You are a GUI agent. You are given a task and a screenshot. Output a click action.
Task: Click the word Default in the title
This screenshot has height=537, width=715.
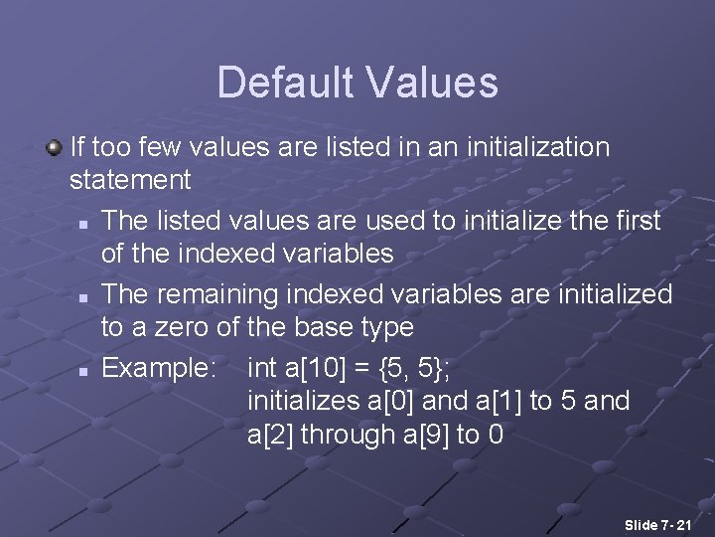pyautogui.click(x=281, y=83)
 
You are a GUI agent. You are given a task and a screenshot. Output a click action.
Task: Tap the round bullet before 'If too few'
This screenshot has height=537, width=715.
pyautogui.click(x=54, y=147)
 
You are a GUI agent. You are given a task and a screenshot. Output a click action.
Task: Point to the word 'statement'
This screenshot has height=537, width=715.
pyautogui.click(x=130, y=180)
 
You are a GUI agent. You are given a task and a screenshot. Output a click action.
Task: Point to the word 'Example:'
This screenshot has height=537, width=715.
pyautogui.click(x=159, y=368)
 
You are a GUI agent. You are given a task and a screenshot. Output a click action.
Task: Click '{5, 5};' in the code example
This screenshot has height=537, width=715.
pyautogui.click(x=415, y=368)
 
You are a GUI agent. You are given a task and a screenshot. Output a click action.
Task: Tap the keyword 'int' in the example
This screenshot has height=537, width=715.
pyautogui.click(x=262, y=368)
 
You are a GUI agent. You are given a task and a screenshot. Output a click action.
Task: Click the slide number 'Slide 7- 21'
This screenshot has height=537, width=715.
pyautogui.click(x=658, y=524)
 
